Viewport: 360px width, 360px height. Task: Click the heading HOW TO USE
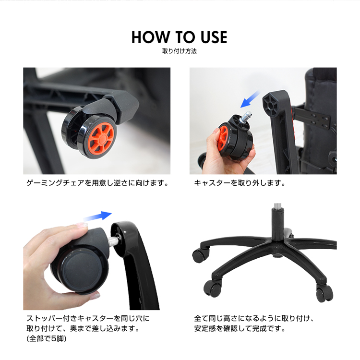180,37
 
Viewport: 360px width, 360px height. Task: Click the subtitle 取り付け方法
180,51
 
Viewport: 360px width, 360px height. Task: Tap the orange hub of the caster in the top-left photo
101,138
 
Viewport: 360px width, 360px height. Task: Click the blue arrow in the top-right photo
250,99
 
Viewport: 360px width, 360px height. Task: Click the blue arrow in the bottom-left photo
97,216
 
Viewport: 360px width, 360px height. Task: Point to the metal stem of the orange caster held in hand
246,117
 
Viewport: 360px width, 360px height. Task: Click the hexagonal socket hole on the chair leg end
270,106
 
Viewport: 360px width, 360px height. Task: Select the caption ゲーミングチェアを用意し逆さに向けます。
98,183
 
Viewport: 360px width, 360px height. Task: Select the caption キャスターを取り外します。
240,183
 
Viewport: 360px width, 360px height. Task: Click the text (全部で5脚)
47,339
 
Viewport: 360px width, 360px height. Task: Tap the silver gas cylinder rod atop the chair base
278,206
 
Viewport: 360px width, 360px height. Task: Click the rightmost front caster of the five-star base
324,293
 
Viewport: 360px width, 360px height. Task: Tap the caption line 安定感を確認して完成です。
240,328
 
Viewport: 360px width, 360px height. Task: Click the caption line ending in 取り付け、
254,318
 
